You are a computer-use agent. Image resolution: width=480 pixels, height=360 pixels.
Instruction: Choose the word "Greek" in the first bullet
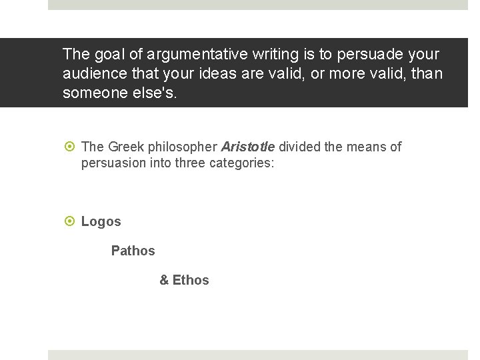(x=125, y=147)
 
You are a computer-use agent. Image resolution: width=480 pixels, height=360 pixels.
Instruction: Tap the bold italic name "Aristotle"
(x=247, y=147)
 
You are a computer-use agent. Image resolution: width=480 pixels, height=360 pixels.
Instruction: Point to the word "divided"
(x=299, y=147)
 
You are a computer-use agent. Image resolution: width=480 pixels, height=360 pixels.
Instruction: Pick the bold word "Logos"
(x=101, y=221)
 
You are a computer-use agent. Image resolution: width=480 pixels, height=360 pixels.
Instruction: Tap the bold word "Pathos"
(x=133, y=251)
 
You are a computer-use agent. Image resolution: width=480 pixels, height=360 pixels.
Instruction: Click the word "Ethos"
(x=191, y=280)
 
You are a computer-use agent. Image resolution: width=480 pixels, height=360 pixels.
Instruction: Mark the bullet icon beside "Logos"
(x=69, y=221)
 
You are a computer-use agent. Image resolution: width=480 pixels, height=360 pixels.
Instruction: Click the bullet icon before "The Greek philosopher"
(x=69, y=147)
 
